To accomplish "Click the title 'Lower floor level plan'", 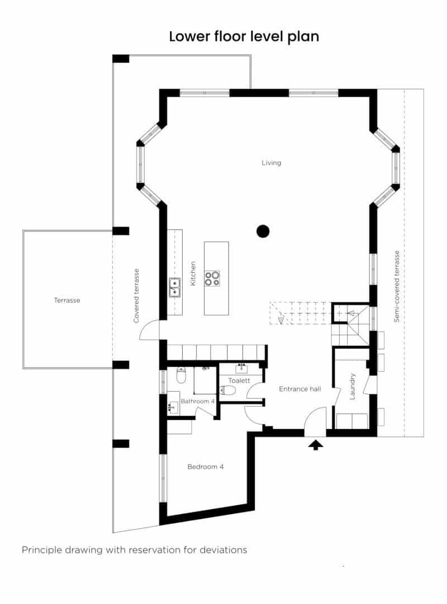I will click(244, 37).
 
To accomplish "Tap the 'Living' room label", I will click(272, 163).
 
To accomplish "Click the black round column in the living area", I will click(263, 230).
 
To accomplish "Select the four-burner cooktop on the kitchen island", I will click(212, 278).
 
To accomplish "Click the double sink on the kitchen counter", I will click(175, 287).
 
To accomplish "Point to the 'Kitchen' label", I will click(193, 274).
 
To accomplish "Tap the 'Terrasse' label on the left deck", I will click(67, 300).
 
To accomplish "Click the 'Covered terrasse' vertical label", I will click(136, 296).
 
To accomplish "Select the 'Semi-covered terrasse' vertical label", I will click(397, 286).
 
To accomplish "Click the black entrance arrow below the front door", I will click(316, 445).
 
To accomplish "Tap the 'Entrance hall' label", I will click(299, 389).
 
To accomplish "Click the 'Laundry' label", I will click(353, 387).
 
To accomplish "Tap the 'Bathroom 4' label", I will click(197, 401).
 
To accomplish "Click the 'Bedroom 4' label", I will click(206, 467).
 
